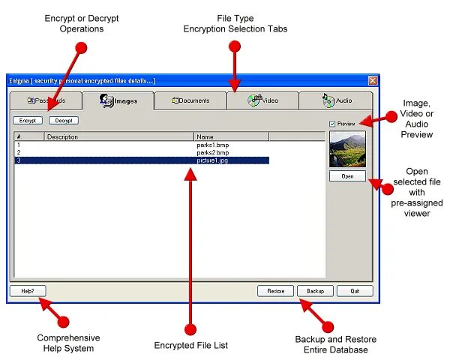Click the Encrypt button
tap(27, 120)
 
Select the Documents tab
tap(190, 100)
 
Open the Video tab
tap(263, 100)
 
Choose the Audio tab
tap(336, 100)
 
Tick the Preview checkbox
tap(333, 123)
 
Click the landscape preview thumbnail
tap(347, 149)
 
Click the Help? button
tap(28, 291)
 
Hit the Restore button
tap(275, 291)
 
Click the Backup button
tap(315, 291)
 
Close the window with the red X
tap(373, 80)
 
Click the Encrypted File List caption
tap(190, 346)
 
